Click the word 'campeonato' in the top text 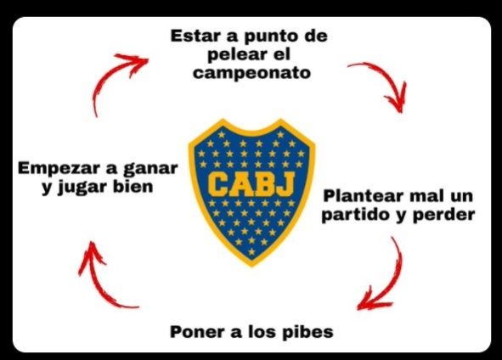click(x=251, y=73)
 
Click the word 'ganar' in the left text click(x=150, y=169)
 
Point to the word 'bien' click(x=133, y=187)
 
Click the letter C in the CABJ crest click(x=218, y=183)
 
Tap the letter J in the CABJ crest click(x=285, y=183)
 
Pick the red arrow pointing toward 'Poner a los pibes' click(x=394, y=279)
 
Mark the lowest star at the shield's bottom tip click(x=251, y=252)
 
